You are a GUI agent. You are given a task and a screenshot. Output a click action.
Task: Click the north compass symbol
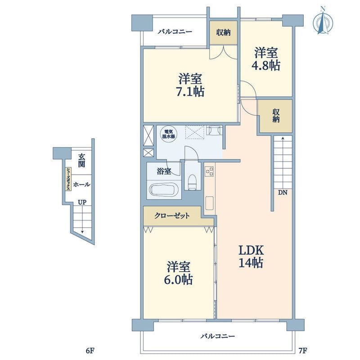click(x=323, y=22)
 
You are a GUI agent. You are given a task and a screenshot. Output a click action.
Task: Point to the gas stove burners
click(x=209, y=171)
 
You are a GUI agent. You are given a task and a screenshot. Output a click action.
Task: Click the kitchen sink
click(x=210, y=203)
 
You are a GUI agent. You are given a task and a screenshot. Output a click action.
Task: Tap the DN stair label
click(x=283, y=193)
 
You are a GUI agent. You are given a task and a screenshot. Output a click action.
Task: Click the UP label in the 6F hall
click(x=82, y=202)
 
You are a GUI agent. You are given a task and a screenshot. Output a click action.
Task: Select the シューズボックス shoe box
click(x=68, y=179)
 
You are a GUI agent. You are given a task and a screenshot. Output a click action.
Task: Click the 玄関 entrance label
click(x=81, y=161)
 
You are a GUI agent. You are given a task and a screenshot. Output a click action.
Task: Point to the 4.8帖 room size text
click(x=266, y=66)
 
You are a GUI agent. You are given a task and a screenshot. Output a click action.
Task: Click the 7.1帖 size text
click(x=190, y=91)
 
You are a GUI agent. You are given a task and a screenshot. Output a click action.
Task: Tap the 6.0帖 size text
click(x=178, y=279)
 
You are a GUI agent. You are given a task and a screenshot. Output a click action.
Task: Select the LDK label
click(x=251, y=250)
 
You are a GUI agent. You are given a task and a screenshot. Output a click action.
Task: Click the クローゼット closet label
click(x=172, y=216)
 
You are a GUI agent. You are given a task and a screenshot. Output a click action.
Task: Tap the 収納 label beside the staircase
click(x=276, y=116)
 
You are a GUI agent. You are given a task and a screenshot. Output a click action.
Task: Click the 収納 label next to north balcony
click(x=223, y=32)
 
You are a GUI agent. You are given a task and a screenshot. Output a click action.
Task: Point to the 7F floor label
click(x=303, y=351)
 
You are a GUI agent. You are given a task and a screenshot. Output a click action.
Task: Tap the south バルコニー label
click(x=218, y=337)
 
